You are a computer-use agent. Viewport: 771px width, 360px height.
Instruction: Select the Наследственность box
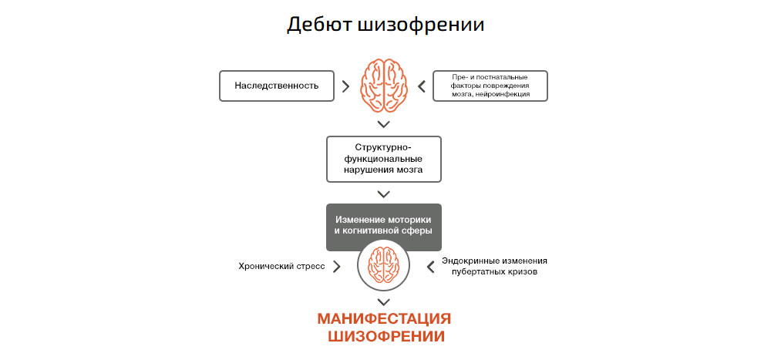pos(277,86)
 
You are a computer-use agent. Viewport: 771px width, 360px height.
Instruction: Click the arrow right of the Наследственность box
pos(345,86)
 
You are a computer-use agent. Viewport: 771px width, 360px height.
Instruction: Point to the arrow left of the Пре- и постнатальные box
pos(421,86)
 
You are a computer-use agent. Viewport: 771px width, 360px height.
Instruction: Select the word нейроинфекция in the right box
pos(504,94)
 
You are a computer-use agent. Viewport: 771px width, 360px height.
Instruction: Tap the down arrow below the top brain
pos(384,123)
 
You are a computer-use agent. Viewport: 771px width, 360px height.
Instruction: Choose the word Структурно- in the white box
pos(384,147)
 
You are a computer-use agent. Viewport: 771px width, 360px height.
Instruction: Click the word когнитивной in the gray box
pos(375,230)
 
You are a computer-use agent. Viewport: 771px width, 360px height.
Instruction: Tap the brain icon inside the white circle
pos(384,264)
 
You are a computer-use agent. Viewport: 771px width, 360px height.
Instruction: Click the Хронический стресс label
pos(281,267)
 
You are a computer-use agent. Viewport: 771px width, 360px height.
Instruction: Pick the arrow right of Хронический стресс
pos(336,267)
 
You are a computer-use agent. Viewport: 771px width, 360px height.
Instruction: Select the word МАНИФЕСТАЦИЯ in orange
pos(384,319)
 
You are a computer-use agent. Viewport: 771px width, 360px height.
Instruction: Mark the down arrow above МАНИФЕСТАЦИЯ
pos(384,301)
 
